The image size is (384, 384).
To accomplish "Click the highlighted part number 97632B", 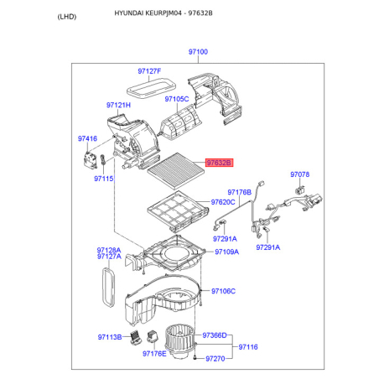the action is pos(219,163).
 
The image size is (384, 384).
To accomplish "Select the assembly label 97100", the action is pos(198,52).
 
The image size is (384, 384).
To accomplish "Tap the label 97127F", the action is pos(149,71).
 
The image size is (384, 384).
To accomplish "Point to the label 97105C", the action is pos(177,99).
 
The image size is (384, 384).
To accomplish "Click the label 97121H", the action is pos(118,105).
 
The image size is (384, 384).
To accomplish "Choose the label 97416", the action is pos(87,138).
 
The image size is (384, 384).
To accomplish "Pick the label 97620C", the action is pos(223,202).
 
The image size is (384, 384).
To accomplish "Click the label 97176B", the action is pos(240,192).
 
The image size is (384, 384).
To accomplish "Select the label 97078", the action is pos(300,174).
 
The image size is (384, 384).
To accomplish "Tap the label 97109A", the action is pos(227,252).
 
